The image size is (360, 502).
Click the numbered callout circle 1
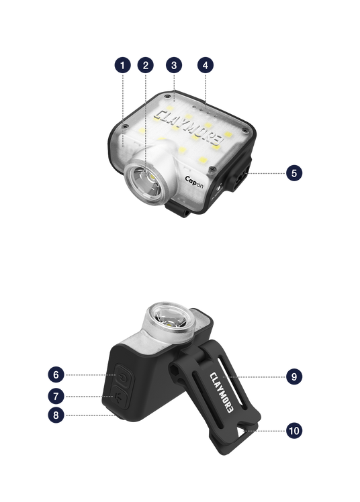tap(123, 65)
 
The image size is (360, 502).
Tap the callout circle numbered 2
tap(145, 65)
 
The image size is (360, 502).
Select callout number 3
tap(174, 65)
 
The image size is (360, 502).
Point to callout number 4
tap(206, 65)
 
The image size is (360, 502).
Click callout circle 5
tap(294, 173)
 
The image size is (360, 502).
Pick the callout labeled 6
tap(56, 374)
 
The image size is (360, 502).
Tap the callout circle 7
tap(56, 397)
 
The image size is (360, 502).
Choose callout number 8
tap(56, 415)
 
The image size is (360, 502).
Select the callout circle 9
tap(294, 376)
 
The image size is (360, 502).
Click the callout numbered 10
tap(294, 431)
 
